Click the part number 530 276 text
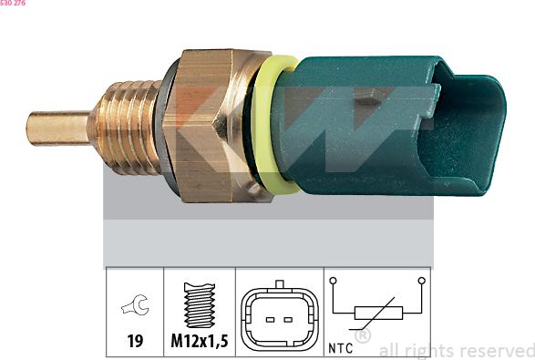pos(13,3)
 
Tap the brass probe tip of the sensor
pos(58,129)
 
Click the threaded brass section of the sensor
pos(125,127)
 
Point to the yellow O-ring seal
pos(270,125)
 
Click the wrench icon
pos(135,304)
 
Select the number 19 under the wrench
pos(135,341)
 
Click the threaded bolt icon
pos(200,305)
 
